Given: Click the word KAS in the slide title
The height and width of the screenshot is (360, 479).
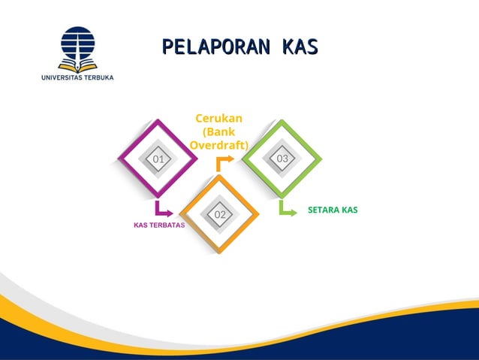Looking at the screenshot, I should coord(300,46).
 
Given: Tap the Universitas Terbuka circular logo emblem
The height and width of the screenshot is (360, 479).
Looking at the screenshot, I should coord(78,49).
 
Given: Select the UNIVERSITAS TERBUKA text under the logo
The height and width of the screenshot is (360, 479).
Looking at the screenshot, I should coord(78,77).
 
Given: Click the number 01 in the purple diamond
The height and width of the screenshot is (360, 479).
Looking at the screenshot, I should coord(158,159).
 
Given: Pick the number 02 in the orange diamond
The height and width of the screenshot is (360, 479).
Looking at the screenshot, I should coord(220,215).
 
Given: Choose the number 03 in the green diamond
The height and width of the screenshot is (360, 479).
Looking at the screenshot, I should coord(282,159).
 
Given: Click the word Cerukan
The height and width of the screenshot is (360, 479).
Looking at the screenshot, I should coord(218,118).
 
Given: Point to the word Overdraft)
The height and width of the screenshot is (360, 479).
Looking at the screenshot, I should coord(218,145).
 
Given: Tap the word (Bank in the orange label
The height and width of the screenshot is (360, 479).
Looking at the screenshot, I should coord(218,132).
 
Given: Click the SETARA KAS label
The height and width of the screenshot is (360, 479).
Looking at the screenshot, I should coord(333,210).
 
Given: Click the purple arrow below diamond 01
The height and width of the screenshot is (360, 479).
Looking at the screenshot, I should coord(162,209).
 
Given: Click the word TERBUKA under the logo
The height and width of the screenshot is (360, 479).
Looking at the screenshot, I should coord(97,77).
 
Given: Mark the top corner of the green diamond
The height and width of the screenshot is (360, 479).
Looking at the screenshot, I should coord(282,120).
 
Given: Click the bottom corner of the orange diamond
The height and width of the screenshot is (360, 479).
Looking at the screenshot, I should coord(220,253).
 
